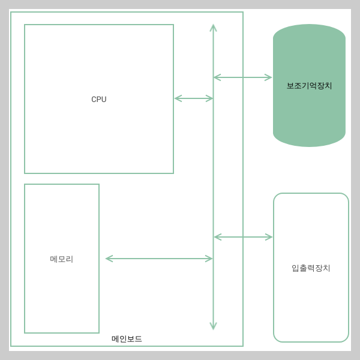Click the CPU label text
pos(99,100)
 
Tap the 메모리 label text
pos(62,259)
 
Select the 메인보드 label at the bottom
pos(127,339)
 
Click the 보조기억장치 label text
pos(309,86)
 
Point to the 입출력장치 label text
pos(311,268)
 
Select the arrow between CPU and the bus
pos(193,98)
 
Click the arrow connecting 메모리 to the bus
pos(159,259)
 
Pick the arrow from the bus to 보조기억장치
pos(242,77)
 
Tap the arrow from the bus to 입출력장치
pos(243,237)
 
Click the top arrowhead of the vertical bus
pos(213,28)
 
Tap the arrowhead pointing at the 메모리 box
pos(109,259)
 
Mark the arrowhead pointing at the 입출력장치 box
pos(269,237)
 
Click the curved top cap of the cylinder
pos(309,31)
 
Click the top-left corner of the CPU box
pos(25,25)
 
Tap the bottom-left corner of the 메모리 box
pos(25,332)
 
